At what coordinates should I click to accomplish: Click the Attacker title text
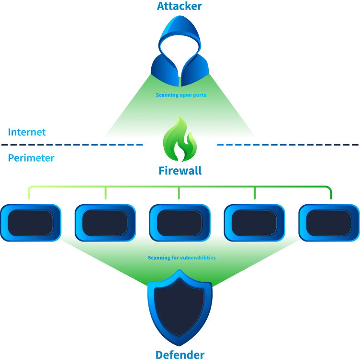pos(180,6)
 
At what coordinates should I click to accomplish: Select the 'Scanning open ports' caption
pos(181,95)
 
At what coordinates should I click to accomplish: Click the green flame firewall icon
pos(180,140)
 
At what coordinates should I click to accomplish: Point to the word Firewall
pos(180,171)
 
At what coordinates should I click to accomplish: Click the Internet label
pos(27,132)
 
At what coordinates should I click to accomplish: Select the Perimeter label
pos(31,158)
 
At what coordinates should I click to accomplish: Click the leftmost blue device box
pos(31,222)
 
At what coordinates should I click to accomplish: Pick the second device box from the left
pos(105,222)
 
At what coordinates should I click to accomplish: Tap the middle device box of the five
pos(180,222)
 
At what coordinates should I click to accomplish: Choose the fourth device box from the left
pos(255,222)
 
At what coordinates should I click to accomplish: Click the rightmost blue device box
pos(329,222)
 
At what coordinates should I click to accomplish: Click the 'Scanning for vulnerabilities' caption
pos(182,258)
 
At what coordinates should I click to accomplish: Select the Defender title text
pos(180,355)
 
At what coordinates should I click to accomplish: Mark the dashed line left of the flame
pos(72,144)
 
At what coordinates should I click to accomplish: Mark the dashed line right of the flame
pos(287,144)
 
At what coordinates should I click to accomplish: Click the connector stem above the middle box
pos(179,193)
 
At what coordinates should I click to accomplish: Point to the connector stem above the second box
pos(105,193)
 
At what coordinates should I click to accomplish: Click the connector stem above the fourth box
pos(255,193)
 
